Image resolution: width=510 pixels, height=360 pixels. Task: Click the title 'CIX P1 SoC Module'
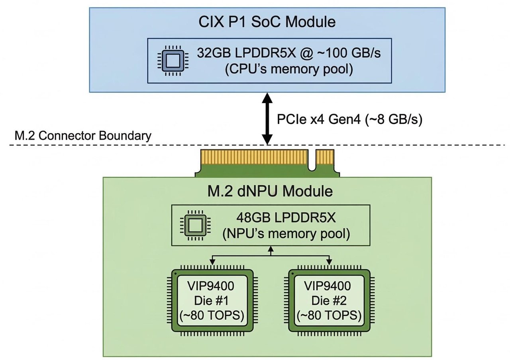(x=267, y=22)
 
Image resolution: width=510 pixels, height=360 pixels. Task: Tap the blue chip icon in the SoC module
(x=173, y=61)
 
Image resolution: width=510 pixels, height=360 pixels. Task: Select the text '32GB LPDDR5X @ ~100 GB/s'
(x=289, y=54)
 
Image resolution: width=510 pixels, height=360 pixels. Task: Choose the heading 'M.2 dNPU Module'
(x=267, y=192)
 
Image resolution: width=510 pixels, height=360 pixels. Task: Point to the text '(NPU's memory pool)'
(x=286, y=234)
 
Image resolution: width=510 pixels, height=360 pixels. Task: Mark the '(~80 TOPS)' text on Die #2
(x=330, y=316)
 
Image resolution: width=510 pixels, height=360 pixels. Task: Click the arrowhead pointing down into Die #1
(x=213, y=262)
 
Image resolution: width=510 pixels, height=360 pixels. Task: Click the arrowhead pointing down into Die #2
(x=330, y=262)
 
